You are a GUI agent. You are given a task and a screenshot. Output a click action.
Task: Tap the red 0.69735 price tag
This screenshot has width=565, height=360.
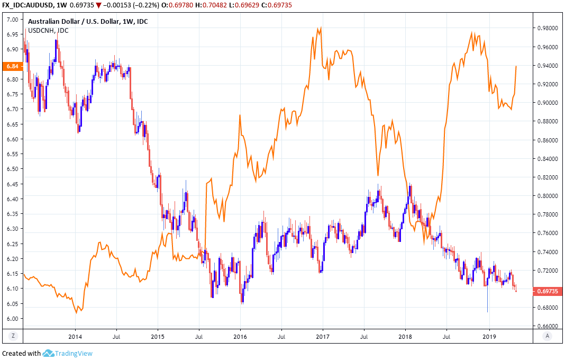545,291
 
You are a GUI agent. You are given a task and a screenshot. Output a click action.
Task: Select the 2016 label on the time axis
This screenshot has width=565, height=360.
240,336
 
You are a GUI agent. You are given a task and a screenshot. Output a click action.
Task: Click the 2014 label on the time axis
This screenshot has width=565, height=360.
75,336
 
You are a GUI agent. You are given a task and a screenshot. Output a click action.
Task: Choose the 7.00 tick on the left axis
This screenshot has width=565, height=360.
12,20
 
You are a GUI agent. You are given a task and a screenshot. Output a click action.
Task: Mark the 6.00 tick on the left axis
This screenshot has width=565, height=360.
12,319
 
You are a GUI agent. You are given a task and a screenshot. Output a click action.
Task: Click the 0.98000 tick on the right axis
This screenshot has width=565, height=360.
545,29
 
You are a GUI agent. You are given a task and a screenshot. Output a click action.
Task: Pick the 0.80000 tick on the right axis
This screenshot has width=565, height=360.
545,196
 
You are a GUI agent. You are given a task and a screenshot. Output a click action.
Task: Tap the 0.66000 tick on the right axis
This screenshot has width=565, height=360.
545,326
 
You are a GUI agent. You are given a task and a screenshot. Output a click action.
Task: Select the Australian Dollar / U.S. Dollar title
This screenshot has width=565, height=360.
74,22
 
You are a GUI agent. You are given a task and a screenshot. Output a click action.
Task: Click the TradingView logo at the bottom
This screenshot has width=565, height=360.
68,353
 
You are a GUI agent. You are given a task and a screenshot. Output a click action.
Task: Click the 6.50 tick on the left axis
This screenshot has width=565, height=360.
12,169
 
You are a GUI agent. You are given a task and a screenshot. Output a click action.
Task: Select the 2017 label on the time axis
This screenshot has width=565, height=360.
323,336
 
